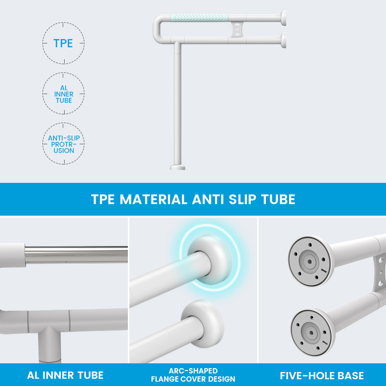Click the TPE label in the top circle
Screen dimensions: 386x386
pyautogui.click(x=63, y=43)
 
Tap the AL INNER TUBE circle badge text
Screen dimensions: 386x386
pyautogui.click(x=64, y=94)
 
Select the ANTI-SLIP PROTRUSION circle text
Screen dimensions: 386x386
pyautogui.click(x=64, y=144)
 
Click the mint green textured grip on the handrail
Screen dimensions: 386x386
pyautogui.click(x=199, y=18)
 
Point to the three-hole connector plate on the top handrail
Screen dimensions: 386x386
pyautogui.click(x=237, y=29)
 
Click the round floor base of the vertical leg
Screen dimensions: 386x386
pyautogui.click(x=178, y=167)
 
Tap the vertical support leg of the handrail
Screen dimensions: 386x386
pyautogui.click(x=178, y=103)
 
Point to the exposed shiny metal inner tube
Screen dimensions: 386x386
pyautogui.click(x=76, y=255)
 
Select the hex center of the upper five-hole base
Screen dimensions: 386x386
pyautogui.click(x=309, y=261)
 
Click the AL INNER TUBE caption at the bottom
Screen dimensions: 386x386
pyautogui.click(x=65, y=375)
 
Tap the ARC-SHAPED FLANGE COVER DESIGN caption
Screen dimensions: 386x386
pyautogui.click(x=193, y=375)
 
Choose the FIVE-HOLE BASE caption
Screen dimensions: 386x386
pyautogui.click(x=322, y=376)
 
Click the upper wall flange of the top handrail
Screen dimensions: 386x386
pyautogui.click(x=283, y=18)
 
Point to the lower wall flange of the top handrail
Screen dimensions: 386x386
pyautogui.click(x=283, y=41)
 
